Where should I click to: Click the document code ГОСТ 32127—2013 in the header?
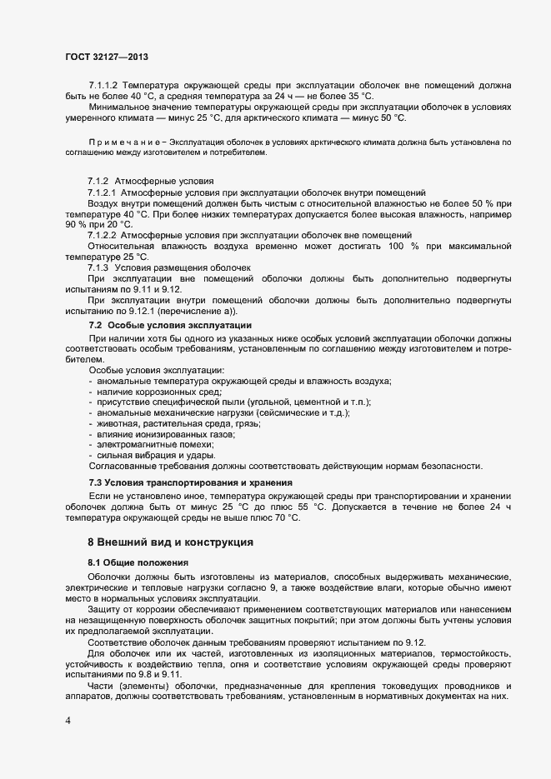click(x=107, y=56)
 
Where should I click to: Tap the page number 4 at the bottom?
click(x=68, y=718)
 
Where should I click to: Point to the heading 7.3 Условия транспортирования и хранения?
click(x=190, y=483)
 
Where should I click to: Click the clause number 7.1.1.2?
click(x=103, y=86)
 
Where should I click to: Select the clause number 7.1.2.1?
click(x=103, y=192)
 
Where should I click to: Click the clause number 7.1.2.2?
click(x=103, y=235)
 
